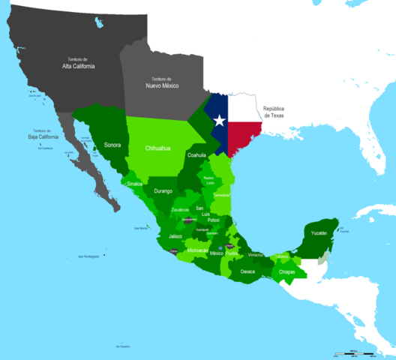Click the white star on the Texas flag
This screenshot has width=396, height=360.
point(219,120)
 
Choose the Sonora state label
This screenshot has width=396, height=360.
point(112,144)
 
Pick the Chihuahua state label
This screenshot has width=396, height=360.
point(157,148)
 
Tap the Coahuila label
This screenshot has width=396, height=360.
point(196,155)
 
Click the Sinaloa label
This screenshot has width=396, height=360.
point(136,183)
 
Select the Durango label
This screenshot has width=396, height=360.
point(163,191)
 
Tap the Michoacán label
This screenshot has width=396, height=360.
point(198,250)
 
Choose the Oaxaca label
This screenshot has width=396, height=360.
point(248,271)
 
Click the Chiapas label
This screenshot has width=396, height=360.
point(286,272)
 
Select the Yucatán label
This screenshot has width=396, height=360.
point(320,233)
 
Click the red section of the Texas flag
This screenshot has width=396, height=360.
point(243,135)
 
